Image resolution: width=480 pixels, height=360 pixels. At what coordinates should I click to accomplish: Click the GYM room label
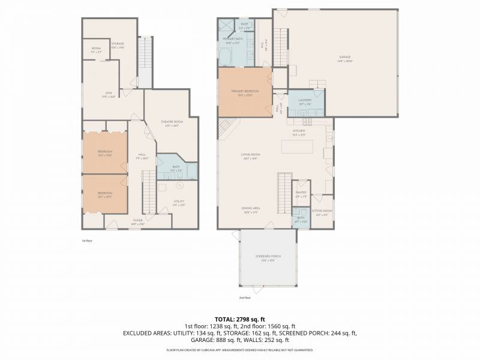click(109, 93)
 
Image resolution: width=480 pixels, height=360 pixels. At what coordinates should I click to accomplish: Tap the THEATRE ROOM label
click(171, 122)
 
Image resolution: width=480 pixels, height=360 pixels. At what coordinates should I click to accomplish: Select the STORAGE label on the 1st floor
click(118, 43)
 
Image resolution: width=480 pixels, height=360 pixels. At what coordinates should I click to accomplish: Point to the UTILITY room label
click(179, 202)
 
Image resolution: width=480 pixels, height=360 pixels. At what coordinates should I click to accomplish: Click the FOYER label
click(138, 220)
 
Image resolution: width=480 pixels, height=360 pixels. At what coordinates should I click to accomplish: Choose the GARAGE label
click(344, 58)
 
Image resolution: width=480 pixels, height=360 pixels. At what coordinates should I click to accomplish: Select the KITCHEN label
click(299, 131)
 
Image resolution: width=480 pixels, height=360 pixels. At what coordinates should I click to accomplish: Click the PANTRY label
click(301, 193)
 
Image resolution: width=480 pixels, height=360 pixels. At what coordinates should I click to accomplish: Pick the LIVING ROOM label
click(250, 155)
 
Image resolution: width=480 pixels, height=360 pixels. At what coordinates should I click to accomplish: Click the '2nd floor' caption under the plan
click(245, 298)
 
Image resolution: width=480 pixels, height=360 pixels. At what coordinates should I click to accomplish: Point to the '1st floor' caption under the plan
click(88, 240)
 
